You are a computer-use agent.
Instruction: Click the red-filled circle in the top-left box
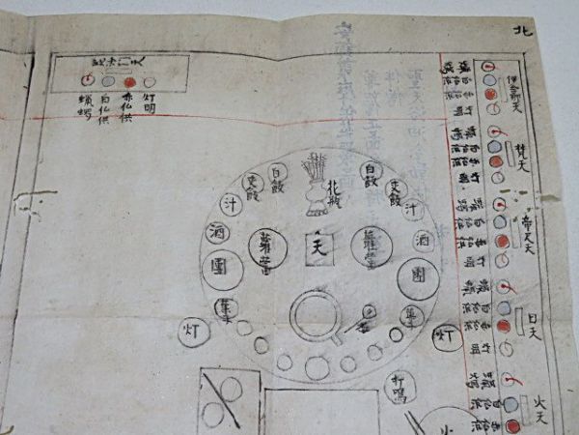[x=129, y=83]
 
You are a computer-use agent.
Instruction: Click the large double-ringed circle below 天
[x=316, y=315]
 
